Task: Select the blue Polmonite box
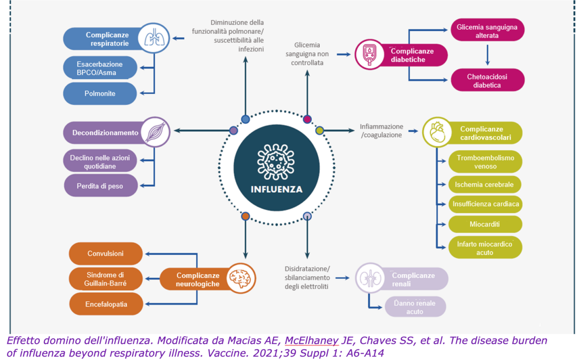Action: (x=100, y=93)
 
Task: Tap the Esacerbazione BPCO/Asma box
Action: (x=100, y=69)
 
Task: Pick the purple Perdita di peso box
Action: (x=100, y=185)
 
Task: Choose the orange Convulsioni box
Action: (x=105, y=254)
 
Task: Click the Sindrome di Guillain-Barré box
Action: (x=105, y=279)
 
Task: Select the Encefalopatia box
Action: (x=105, y=305)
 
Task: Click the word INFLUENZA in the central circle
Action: (x=276, y=189)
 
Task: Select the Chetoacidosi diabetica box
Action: (x=488, y=80)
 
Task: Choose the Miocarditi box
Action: (x=485, y=224)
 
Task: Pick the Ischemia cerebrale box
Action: (x=485, y=185)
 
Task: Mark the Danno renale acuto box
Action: (x=415, y=307)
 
